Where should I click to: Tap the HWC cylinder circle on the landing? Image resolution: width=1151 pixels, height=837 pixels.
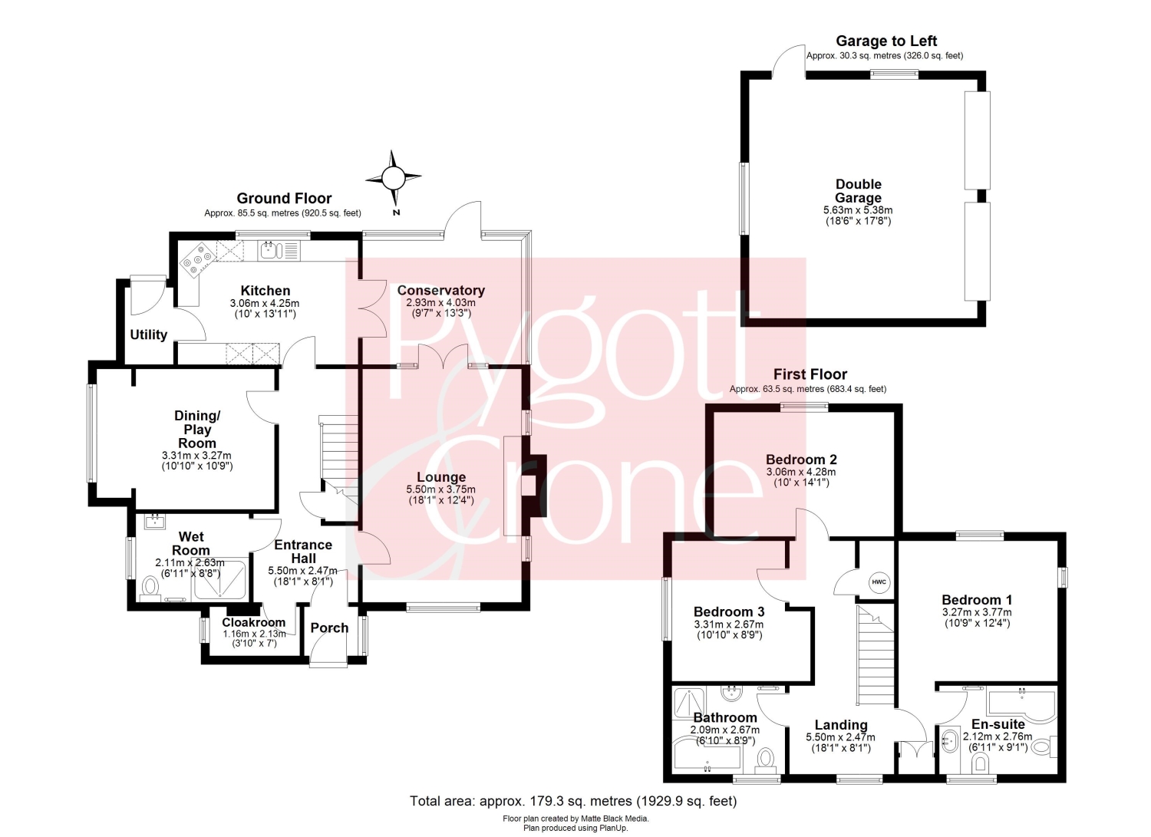pos(879,582)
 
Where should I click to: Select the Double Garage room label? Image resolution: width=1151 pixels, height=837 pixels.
pos(858,190)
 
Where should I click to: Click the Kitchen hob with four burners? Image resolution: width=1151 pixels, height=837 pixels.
pos(199,259)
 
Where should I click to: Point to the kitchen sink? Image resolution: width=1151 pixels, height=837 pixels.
pos(271,251)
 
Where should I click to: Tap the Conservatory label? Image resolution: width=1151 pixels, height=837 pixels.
pos(441,290)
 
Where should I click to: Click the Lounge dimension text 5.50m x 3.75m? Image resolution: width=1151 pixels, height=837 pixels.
pos(441,489)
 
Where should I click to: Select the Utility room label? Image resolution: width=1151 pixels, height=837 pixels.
pos(149,334)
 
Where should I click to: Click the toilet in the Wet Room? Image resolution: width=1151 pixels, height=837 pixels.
pos(150,587)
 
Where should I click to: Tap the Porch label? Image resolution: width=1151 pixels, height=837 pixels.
pos(329,628)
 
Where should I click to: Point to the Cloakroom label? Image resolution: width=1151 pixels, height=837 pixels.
pos(253,622)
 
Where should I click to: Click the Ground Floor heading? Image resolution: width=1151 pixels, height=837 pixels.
pos(284,199)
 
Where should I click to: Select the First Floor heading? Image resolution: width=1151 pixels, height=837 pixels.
pos(810,374)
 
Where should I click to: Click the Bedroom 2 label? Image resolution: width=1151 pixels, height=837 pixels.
pos(801,460)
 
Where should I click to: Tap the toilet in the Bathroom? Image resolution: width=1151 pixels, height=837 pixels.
pos(765,759)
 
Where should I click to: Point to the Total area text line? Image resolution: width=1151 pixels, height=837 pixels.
pos(573,801)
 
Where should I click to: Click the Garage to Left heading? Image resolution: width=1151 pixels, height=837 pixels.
pos(886,41)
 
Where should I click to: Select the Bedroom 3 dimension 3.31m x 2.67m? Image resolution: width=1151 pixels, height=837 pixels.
pos(729,624)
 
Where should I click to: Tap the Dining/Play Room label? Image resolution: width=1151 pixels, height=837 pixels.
pos(196,429)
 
